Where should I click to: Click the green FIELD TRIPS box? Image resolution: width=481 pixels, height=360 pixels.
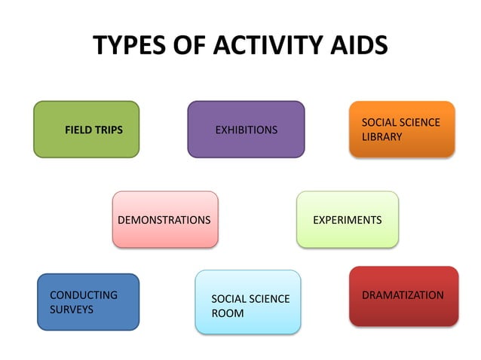86,130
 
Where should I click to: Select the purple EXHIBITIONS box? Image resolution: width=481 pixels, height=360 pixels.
246,130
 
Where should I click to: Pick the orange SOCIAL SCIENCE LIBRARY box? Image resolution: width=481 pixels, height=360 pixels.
402,129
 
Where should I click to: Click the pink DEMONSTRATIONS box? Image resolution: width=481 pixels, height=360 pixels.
164,219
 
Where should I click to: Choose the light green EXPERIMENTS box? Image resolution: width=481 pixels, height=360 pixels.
347,219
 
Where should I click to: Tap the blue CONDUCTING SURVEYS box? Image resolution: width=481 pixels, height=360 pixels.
87,301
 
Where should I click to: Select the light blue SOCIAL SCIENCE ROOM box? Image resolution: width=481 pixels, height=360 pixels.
247,301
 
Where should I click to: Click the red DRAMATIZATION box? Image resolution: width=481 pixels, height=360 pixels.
403,295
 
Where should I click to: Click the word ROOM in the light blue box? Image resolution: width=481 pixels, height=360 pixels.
228,313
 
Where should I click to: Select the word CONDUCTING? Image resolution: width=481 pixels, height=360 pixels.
84,295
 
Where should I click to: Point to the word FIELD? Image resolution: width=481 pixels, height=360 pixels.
78,130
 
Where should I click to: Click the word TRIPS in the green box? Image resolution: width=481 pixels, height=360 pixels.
109,130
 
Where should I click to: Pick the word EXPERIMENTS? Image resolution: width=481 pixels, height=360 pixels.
347,220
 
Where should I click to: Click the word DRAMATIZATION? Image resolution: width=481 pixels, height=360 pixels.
403,295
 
